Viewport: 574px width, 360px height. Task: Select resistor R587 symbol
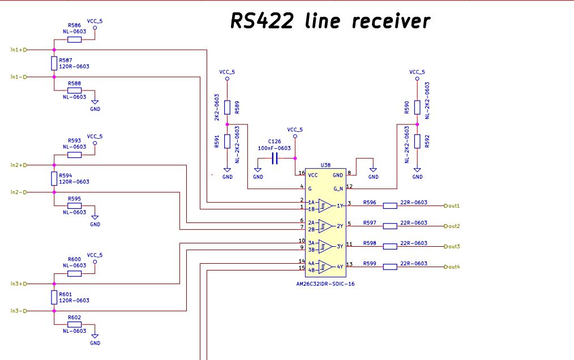click(x=54, y=63)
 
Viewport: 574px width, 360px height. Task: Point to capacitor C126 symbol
click(x=275, y=160)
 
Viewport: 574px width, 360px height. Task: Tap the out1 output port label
click(x=453, y=205)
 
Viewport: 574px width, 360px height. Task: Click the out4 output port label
click(x=453, y=267)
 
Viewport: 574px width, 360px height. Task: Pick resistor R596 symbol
click(x=390, y=205)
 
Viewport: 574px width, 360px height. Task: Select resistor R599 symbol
click(x=390, y=267)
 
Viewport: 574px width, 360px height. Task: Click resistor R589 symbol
click(x=227, y=108)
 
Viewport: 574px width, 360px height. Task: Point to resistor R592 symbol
click(x=417, y=142)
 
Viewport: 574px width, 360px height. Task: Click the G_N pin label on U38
click(x=339, y=188)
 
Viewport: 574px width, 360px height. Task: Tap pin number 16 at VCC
click(x=302, y=173)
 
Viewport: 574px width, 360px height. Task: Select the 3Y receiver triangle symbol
click(x=325, y=246)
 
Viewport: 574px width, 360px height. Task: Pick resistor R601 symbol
click(x=54, y=297)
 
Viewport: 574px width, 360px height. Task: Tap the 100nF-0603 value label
click(x=274, y=148)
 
